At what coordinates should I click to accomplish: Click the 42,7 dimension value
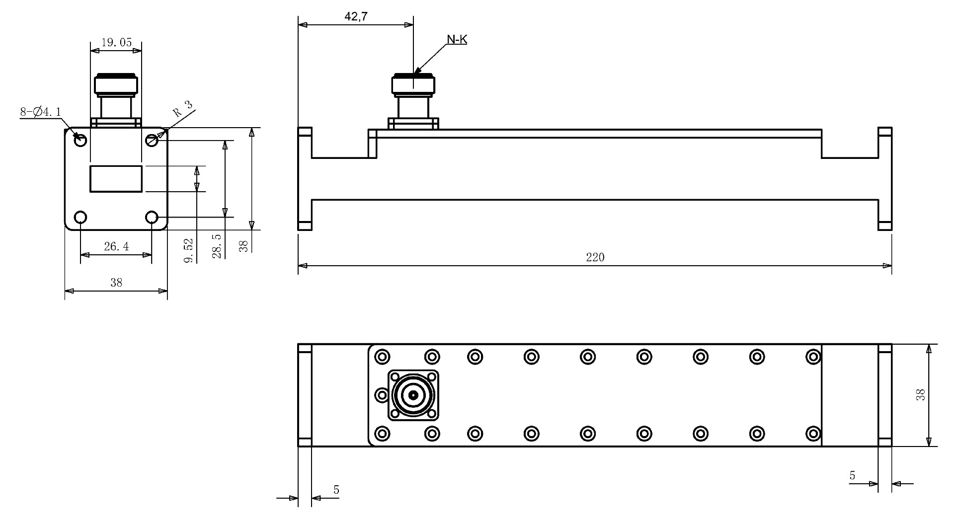356,16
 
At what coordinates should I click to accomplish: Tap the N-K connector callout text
457,40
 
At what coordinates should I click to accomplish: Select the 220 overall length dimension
595,257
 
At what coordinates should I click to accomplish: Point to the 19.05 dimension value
116,42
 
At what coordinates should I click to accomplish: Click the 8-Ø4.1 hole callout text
40,112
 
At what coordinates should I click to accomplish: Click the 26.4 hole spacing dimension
116,246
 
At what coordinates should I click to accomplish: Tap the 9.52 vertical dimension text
188,250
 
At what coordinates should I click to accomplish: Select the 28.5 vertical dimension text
217,246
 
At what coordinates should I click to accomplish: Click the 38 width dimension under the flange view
116,283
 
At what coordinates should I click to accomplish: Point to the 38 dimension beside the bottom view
920,395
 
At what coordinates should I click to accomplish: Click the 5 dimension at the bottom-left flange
336,490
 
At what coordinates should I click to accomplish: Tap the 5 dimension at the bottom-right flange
852,476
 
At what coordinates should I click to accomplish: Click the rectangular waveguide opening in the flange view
116,179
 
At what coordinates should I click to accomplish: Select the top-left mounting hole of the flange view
80,141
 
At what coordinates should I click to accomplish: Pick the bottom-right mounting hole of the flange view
152,218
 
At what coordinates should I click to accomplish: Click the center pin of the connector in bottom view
413,395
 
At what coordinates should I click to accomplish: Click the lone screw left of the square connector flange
382,395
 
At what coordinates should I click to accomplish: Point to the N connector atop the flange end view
116,97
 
